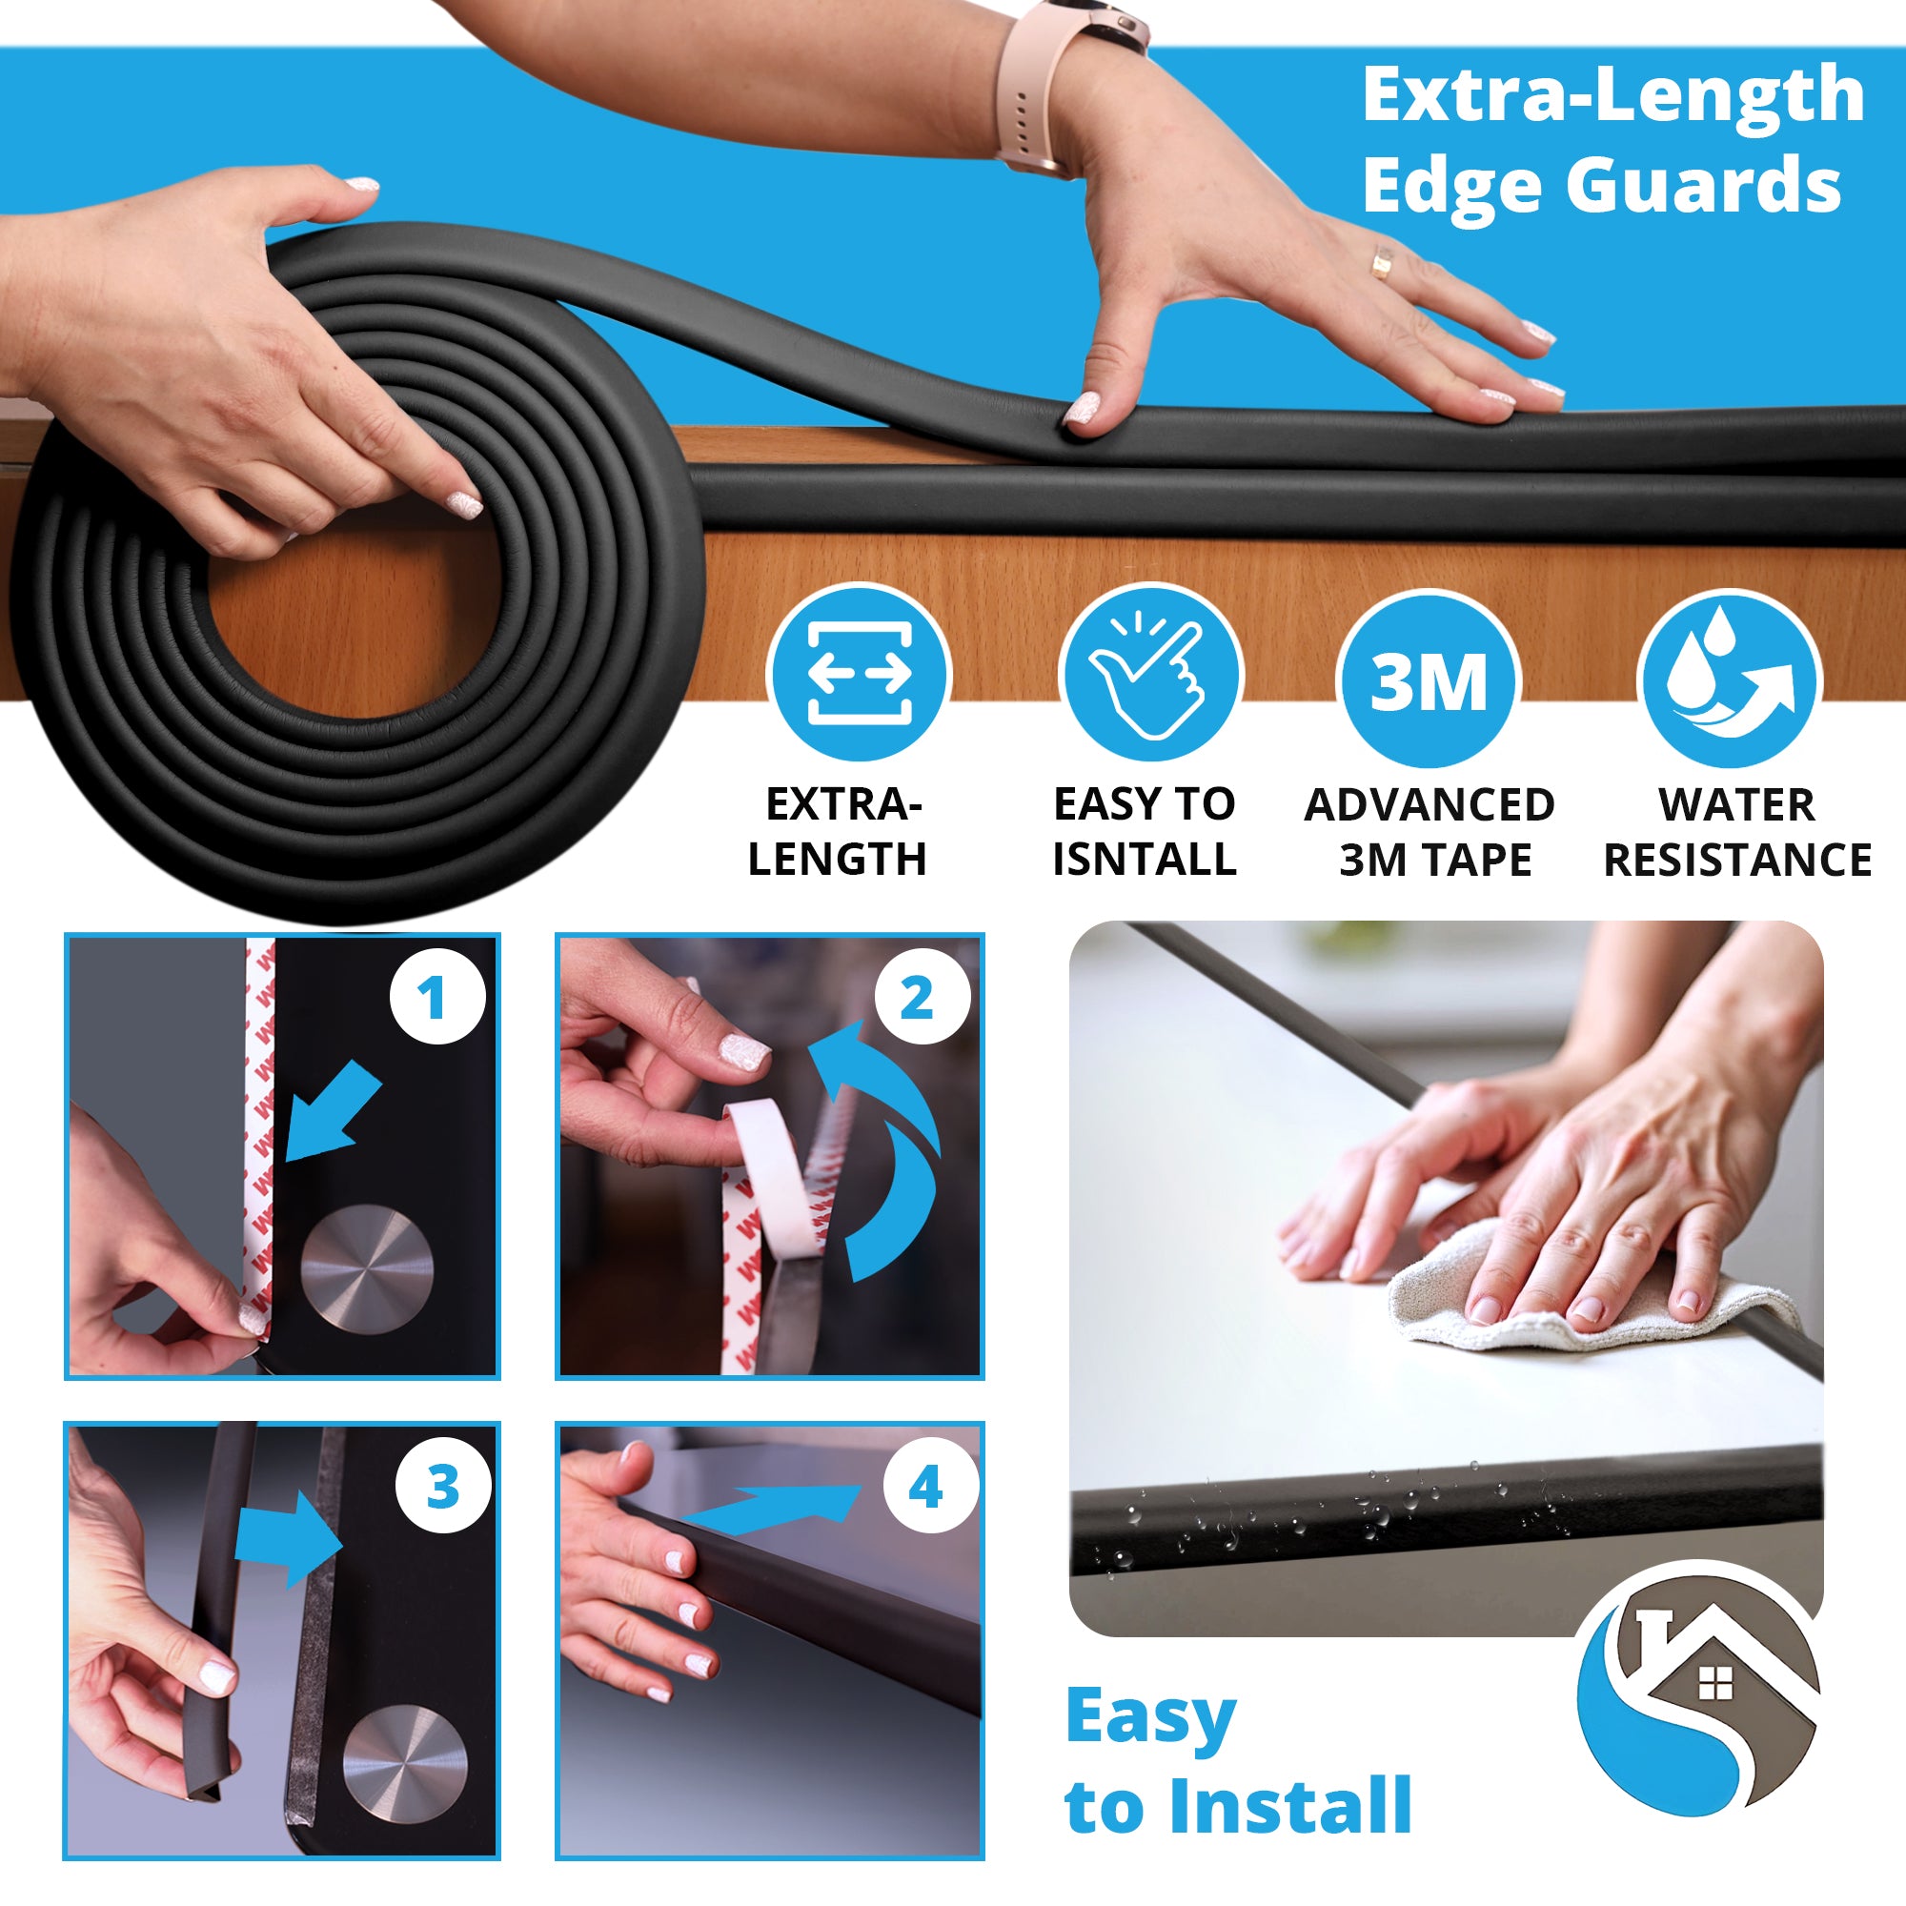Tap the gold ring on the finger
coord(1382,262)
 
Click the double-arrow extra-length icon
coord(860,675)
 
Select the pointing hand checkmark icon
coord(1150,675)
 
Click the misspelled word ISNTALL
coord(1145,860)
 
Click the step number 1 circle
coord(437,997)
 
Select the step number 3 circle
coord(443,1486)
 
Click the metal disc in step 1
coord(367,1267)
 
